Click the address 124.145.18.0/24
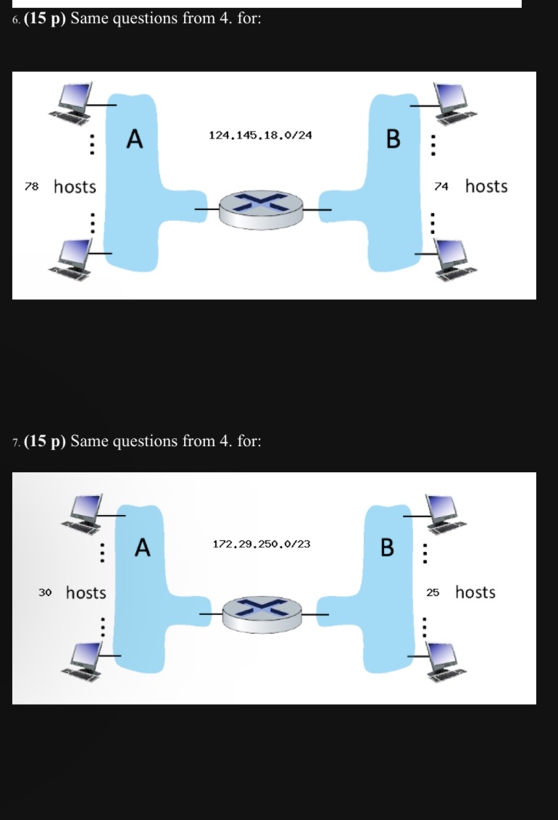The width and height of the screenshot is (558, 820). pyautogui.click(x=260, y=135)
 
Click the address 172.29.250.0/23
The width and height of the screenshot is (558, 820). pyautogui.click(x=262, y=543)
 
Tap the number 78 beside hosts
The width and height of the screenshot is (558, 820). pyautogui.click(x=30, y=187)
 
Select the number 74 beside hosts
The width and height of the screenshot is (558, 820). pyautogui.click(x=441, y=187)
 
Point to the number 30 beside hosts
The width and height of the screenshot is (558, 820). pyautogui.click(x=45, y=593)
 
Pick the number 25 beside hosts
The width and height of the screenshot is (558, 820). pyautogui.click(x=433, y=593)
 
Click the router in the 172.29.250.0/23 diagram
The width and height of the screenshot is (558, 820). pyautogui.click(x=265, y=614)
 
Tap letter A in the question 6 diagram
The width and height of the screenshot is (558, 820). pyautogui.click(x=135, y=138)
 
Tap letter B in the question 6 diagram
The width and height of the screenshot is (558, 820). pyautogui.click(x=392, y=138)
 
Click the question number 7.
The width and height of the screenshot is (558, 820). pyautogui.click(x=15, y=442)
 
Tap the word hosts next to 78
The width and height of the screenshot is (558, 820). pyautogui.click(x=75, y=187)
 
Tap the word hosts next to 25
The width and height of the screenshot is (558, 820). pyautogui.click(x=475, y=593)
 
